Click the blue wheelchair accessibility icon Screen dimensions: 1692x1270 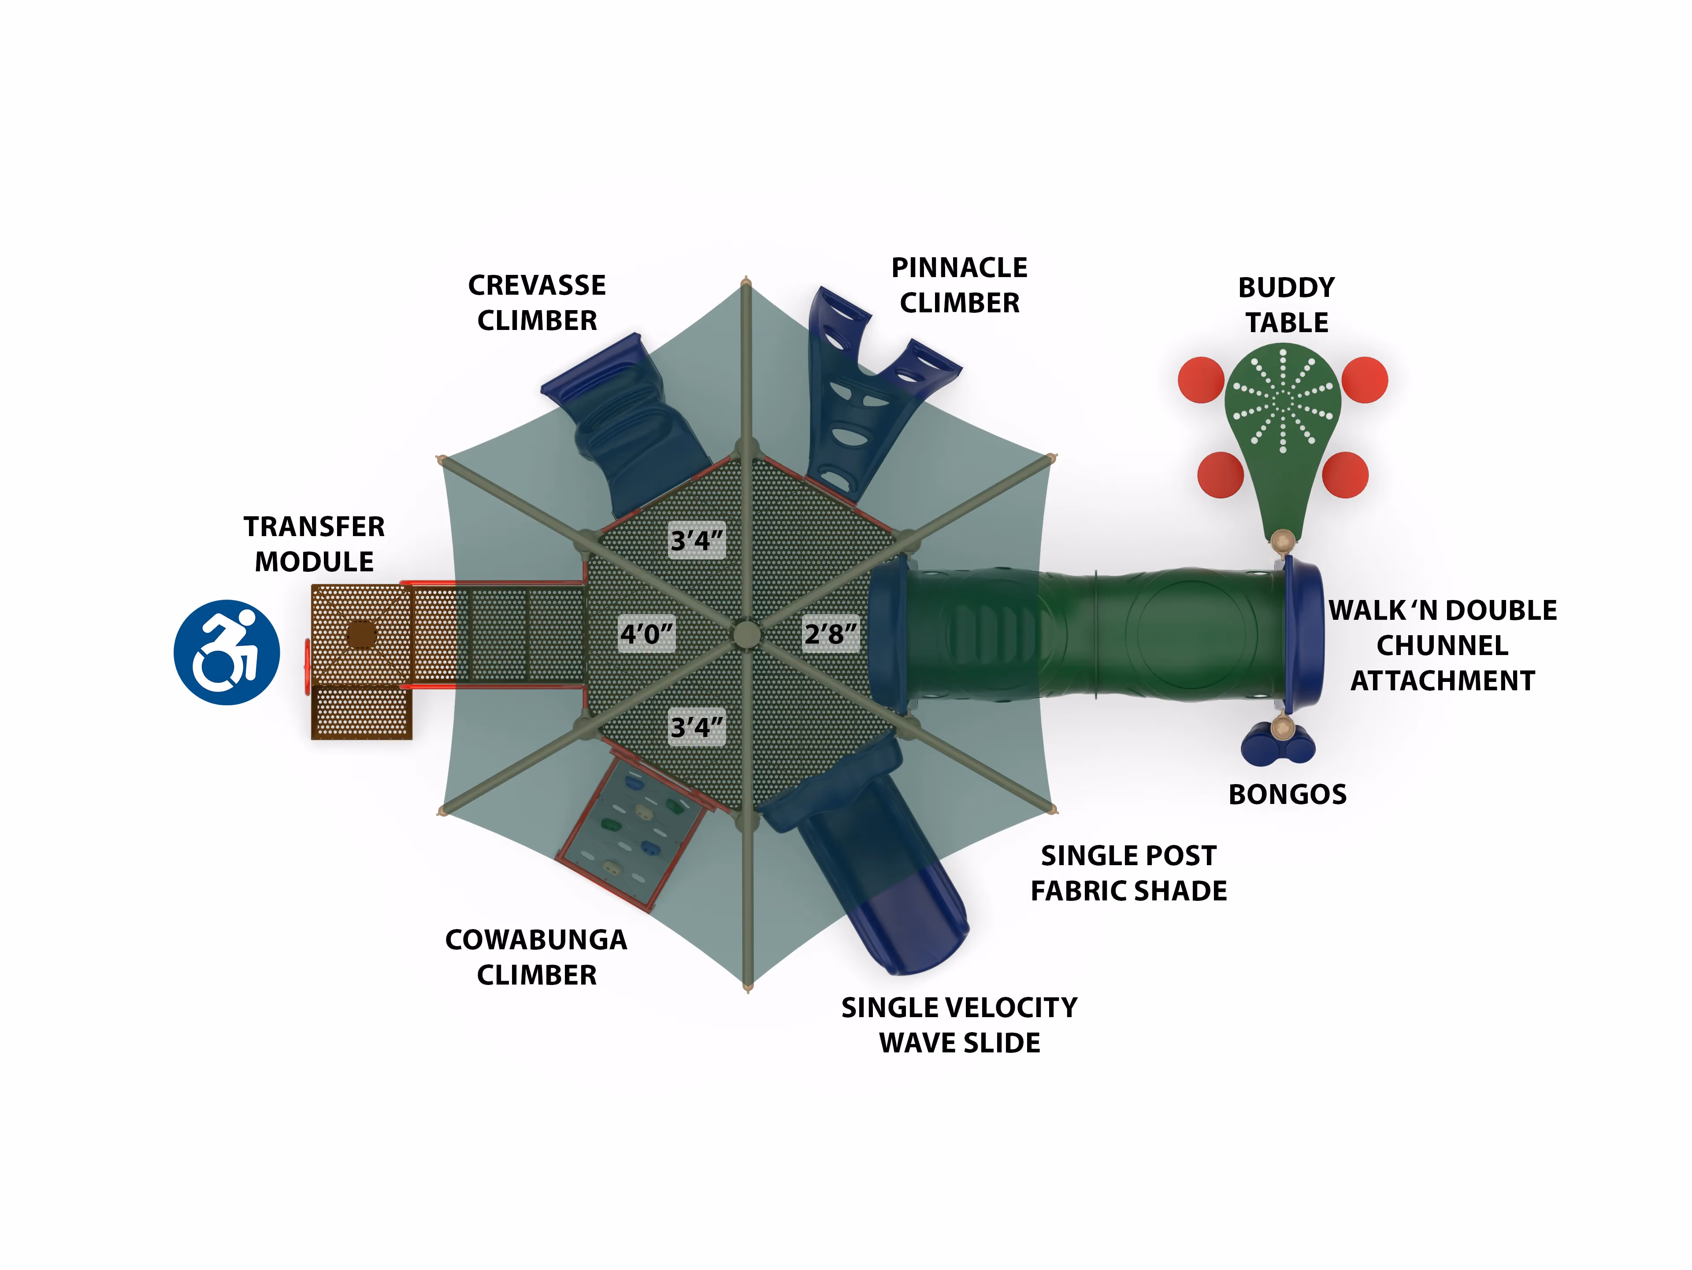point(226,652)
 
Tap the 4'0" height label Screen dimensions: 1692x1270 point(646,634)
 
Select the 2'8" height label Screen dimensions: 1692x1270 point(831,634)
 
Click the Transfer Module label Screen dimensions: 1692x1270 point(314,544)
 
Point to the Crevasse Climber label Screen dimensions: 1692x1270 point(537,303)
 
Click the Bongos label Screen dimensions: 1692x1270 point(1288,794)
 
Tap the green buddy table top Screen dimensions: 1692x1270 point(1282,428)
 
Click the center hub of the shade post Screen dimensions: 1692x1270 point(746,634)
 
